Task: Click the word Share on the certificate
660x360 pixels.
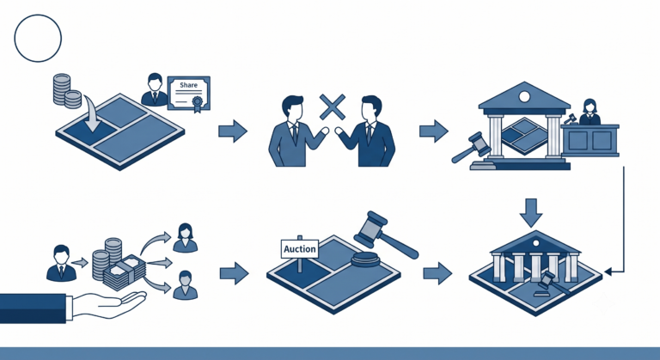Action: tap(188, 85)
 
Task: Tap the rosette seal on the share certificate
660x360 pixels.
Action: tap(197, 102)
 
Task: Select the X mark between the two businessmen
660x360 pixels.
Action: tap(333, 107)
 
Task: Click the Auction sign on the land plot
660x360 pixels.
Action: tap(300, 249)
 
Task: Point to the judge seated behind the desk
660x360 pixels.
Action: tap(590, 112)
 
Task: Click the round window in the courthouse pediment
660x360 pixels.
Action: tap(524, 97)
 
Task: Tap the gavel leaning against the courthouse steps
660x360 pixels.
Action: tap(471, 148)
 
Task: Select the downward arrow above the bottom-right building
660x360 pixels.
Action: tap(531, 212)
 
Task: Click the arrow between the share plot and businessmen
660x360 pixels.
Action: tap(233, 131)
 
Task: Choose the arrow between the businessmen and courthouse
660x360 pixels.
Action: tap(433, 131)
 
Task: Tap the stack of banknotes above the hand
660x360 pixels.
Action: tap(125, 273)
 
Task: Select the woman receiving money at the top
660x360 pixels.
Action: tap(186, 238)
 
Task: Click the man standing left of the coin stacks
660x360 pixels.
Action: tap(62, 263)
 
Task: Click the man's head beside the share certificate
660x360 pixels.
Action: tap(155, 82)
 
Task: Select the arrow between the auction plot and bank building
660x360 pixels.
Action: tap(437, 273)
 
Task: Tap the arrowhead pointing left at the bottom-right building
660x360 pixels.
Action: tap(608, 272)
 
